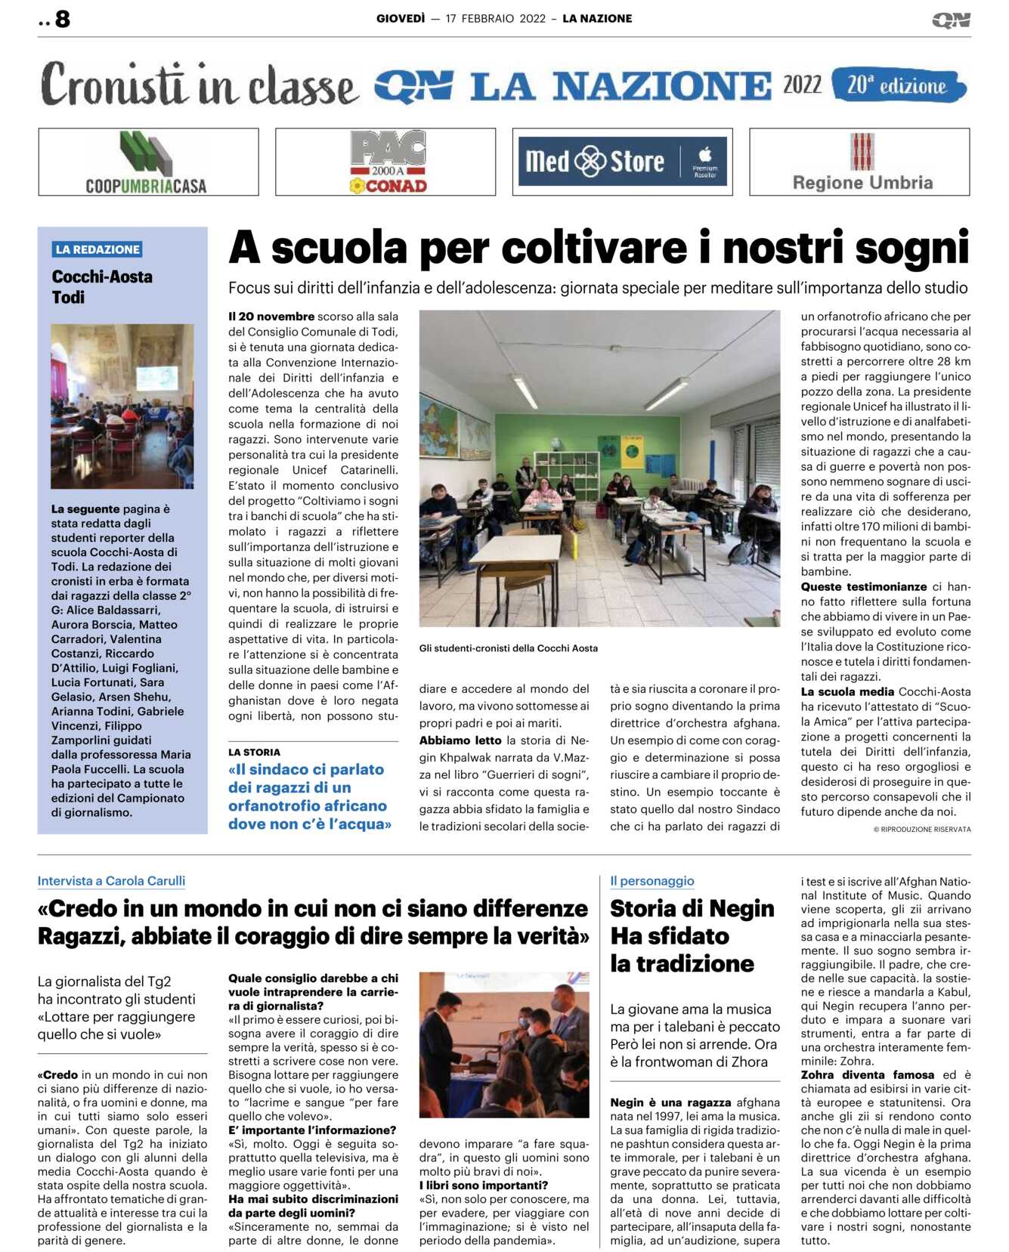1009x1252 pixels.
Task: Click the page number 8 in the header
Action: [x=62, y=19]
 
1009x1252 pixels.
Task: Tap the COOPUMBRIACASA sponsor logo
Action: [x=148, y=162]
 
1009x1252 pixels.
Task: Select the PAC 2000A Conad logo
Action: [x=386, y=162]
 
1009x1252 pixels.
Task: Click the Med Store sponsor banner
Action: [x=622, y=162]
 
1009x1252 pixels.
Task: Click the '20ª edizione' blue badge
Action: [x=897, y=85]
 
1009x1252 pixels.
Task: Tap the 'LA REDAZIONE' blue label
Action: [x=97, y=249]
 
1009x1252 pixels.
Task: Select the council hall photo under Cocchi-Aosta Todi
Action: [x=122, y=407]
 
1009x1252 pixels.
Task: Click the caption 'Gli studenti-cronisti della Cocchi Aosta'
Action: [x=508, y=648]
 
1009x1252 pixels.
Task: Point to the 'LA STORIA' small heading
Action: [x=254, y=753]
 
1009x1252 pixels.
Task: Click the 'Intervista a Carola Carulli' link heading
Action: [x=111, y=881]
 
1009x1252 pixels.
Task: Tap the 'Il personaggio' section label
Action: [x=652, y=881]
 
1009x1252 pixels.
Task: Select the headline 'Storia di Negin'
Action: [x=692, y=908]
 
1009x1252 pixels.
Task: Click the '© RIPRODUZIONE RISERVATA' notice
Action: [x=921, y=830]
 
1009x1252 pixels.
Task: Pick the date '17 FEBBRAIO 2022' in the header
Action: [x=495, y=19]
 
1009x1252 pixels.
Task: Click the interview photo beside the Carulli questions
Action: [x=503, y=1044]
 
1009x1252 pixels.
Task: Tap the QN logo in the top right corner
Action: [x=950, y=20]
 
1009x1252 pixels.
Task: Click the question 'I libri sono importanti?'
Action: [x=483, y=1186]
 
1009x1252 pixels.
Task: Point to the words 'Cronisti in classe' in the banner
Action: [x=198, y=85]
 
